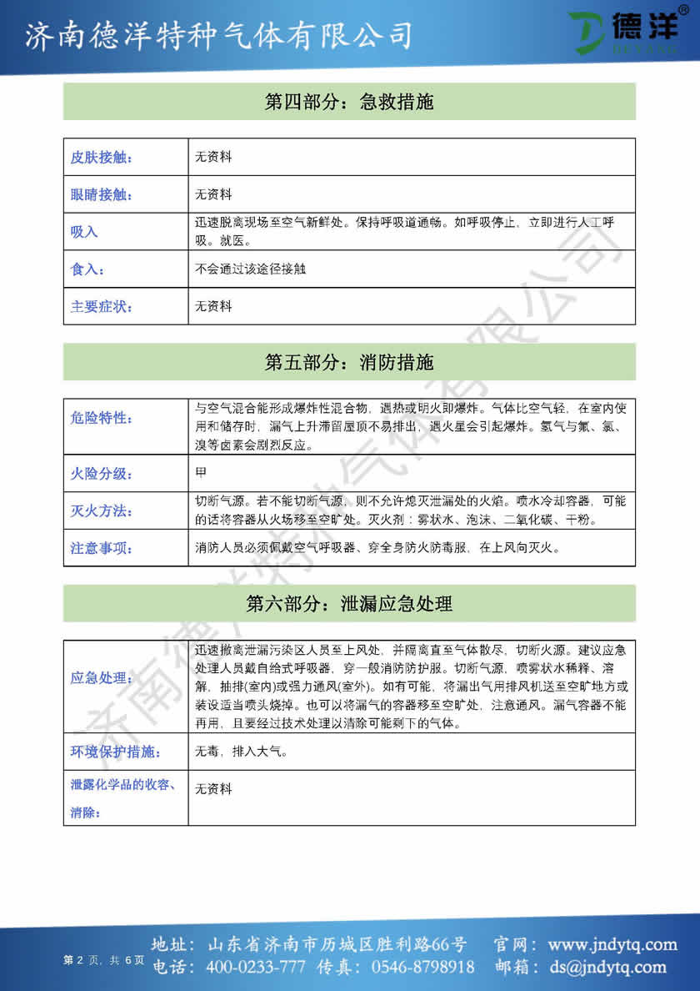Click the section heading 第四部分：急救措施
tap(349, 103)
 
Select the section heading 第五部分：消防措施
tap(349, 363)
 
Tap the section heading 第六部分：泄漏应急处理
tap(349, 603)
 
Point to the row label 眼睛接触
tap(101, 195)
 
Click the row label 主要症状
tap(101, 306)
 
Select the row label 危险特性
tap(101, 417)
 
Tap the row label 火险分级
tap(101, 474)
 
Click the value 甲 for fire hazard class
tap(201, 473)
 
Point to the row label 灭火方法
tap(101, 511)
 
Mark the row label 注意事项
tap(101, 548)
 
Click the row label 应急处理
tap(101, 677)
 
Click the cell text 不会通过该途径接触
tap(244, 269)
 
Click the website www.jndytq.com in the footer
tap(612, 945)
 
